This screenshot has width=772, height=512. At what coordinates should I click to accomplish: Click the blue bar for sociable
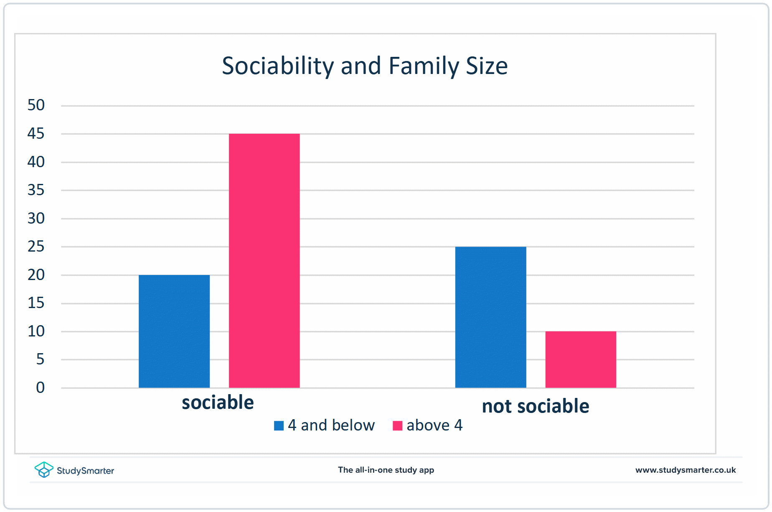pyautogui.click(x=174, y=331)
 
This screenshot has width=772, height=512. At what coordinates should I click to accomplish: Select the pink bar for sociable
pyautogui.click(x=264, y=261)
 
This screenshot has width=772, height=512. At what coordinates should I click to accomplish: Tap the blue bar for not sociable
pyautogui.click(x=490, y=317)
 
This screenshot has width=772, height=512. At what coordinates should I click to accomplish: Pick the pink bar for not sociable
pyautogui.click(x=581, y=359)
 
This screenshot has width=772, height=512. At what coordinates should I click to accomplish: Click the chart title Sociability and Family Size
pyautogui.click(x=365, y=66)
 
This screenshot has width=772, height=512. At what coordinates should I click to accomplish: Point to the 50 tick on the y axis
pyautogui.click(x=36, y=105)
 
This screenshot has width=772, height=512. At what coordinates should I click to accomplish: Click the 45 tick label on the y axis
pyautogui.click(x=36, y=134)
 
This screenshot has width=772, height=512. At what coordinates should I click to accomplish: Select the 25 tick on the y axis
pyautogui.click(x=36, y=247)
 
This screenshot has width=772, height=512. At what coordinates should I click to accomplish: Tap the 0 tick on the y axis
pyautogui.click(x=40, y=387)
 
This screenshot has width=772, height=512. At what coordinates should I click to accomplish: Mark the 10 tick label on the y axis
pyautogui.click(x=36, y=331)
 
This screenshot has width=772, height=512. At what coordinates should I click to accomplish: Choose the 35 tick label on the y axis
pyautogui.click(x=36, y=190)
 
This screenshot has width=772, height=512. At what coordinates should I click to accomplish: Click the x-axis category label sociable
pyautogui.click(x=218, y=402)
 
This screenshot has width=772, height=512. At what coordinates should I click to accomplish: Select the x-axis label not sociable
pyautogui.click(x=536, y=406)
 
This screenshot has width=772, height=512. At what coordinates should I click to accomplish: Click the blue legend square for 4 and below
pyautogui.click(x=279, y=425)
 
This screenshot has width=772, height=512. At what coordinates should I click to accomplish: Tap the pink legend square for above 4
pyautogui.click(x=397, y=425)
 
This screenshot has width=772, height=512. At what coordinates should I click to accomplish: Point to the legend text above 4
pyautogui.click(x=434, y=425)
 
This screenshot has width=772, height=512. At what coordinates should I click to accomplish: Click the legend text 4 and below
pyautogui.click(x=331, y=425)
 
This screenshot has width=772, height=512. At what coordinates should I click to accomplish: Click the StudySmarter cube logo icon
pyautogui.click(x=44, y=470)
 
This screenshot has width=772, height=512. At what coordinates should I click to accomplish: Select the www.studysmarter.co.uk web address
pyautogui.click(x=686, y=470)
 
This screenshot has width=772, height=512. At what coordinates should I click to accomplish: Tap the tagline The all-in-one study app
pyautogui.click(x=386, y=470)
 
